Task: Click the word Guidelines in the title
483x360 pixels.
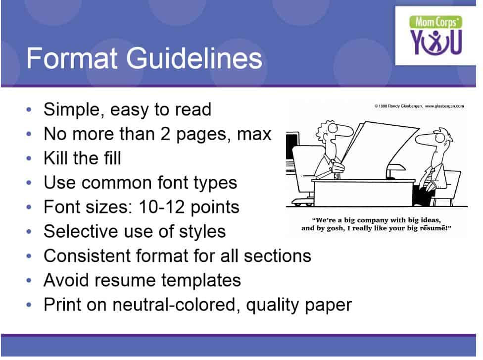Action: coord(194,58)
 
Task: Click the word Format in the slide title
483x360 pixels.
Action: coord(72,58)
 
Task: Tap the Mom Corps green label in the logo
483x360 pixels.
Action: coord(435,22)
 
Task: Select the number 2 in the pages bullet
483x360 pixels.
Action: coord(165,134)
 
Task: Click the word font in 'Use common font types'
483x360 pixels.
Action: coord(173,182)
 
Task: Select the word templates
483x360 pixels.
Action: coord(201,281)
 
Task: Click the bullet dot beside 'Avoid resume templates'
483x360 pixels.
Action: coord(29,280)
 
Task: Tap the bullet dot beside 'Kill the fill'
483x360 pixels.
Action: coord(29,158)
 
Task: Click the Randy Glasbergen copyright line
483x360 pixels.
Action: coord(419,106)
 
